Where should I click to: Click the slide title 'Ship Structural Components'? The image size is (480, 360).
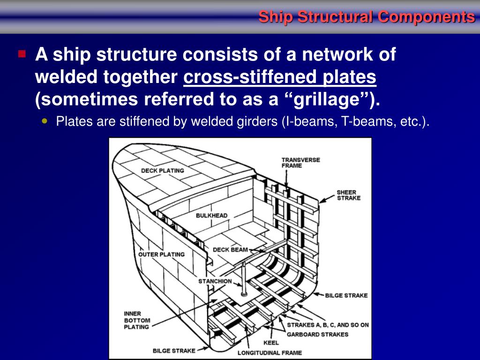point(367,17)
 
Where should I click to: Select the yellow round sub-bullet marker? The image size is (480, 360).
point(45,121)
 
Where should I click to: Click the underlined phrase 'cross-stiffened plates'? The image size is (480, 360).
point(280,77)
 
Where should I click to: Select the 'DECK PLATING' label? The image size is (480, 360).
point(162,171)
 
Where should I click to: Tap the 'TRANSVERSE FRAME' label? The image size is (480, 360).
point(300,163)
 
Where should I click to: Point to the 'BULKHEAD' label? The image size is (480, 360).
point(211,216)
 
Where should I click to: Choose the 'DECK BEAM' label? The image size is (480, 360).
point(230,250)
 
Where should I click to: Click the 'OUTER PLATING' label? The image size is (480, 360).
point(161,255)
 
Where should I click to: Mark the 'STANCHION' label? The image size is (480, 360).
point(215,281)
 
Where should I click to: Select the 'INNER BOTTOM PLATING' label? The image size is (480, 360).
point(137,320)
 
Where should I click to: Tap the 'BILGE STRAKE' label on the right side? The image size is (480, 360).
point(346,296)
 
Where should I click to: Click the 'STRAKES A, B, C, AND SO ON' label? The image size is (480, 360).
point(328,325)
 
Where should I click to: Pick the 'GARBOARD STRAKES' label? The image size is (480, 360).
point(317,334)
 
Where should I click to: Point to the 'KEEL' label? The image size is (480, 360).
point(271,343)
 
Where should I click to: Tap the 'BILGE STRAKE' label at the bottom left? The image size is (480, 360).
point(174,350)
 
